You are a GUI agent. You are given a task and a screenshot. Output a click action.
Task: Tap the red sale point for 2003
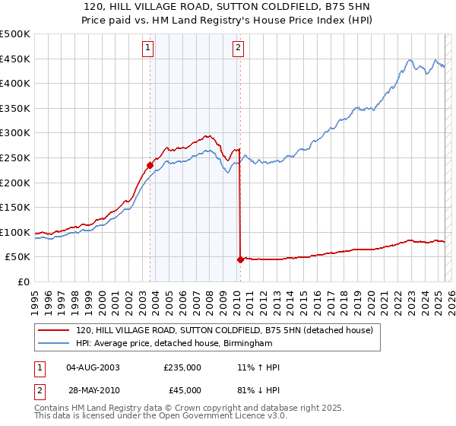point(150,164)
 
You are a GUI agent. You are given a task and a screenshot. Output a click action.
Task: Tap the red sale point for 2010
point(241,259)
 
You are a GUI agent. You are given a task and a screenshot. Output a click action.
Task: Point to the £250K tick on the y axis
point(17,157)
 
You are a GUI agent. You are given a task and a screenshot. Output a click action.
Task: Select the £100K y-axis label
point(17,232)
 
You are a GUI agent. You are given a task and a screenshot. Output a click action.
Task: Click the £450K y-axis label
point(17,59)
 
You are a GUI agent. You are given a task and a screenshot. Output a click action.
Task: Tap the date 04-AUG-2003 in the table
point(93,367)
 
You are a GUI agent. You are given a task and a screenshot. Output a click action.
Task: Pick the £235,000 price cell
point(182,367)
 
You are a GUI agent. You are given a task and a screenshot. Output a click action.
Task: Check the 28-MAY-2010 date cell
point(93,390)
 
